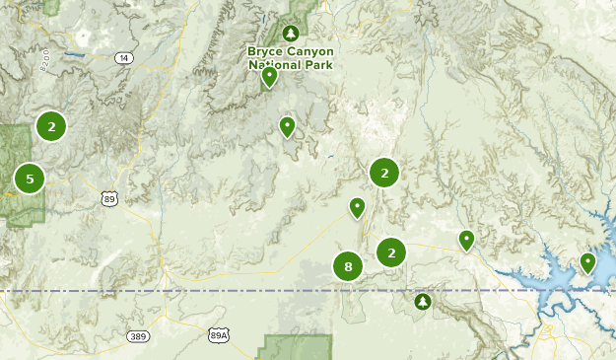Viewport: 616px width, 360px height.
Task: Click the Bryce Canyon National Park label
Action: [x=291, y=57]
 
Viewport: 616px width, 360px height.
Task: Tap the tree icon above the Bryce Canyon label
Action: [x=291, y=33]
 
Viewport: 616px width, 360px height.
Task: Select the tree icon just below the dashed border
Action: [x=424, y=301]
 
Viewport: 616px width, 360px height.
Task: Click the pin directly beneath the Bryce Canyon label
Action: [x=269, y=78]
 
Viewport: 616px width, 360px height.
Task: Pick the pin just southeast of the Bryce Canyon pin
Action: [x=287, y=126]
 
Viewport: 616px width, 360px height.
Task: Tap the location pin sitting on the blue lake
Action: [x=587, y=262]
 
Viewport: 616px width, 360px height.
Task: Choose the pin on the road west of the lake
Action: [x=466, y=240]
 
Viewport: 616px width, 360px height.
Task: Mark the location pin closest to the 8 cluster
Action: [x=357, y=207]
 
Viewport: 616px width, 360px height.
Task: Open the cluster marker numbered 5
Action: [x=30, y=179]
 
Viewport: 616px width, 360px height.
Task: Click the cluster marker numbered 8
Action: [x=348, y=266]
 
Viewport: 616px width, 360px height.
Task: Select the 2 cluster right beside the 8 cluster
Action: [x=391, y=252]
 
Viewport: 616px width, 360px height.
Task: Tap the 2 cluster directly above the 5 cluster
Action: [x=51, y=125]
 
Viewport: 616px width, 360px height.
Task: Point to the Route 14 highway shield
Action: [x=122, y=59]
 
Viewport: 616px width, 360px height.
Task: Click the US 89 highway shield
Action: [x=109, y=199]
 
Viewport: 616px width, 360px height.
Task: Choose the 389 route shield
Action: [x=139, y=336]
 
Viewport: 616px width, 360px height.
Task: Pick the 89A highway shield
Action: [x=219, y=336]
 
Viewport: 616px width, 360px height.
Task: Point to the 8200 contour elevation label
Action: [x=43, y=65]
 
